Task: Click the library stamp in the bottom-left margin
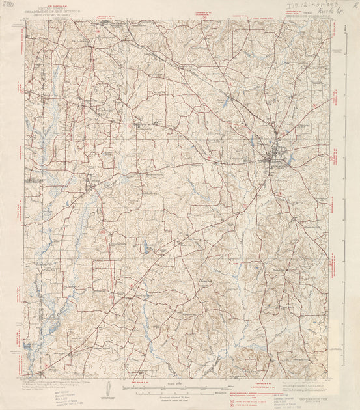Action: [66, 394]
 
